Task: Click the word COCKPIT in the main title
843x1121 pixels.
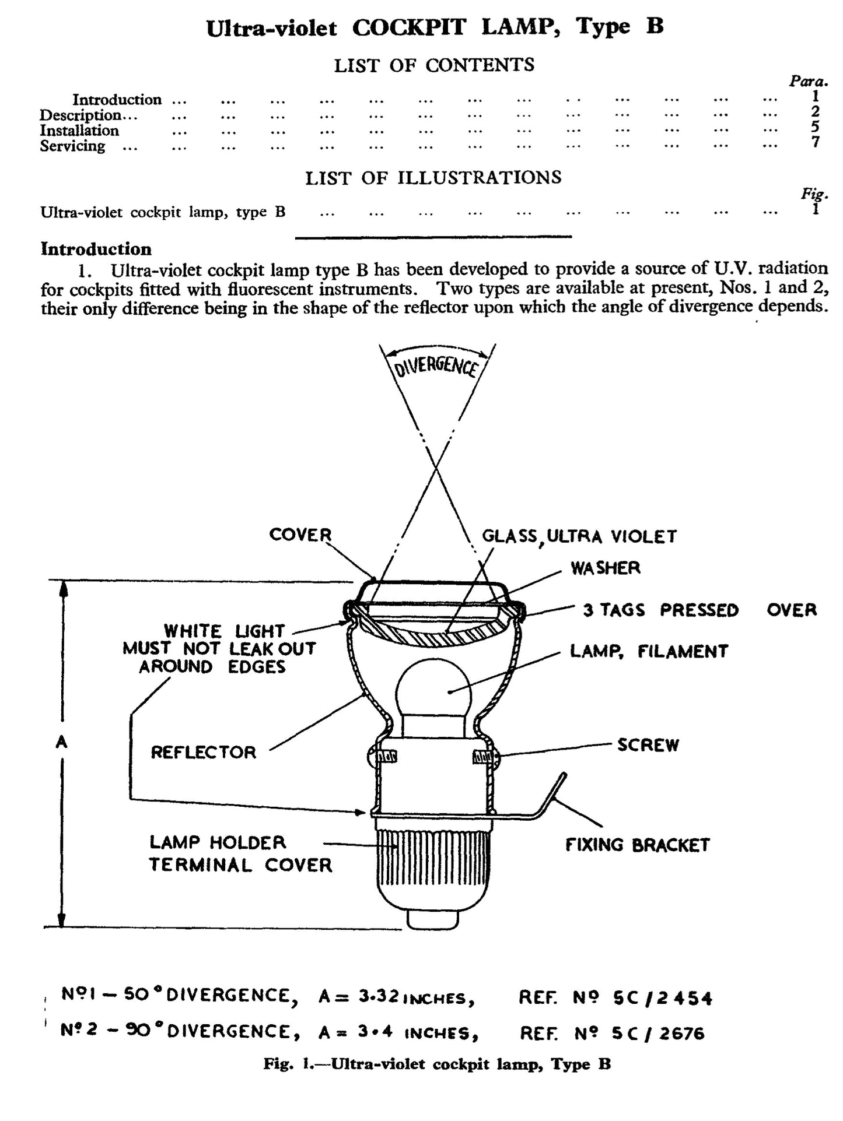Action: click(409, 27)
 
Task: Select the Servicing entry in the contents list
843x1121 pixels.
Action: click(72, 146)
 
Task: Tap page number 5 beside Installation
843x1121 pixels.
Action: click(815, 126)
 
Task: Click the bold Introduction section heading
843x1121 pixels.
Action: click(96, 249)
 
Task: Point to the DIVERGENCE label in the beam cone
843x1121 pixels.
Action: click(436, 367)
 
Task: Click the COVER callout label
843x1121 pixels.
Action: click(300, 535)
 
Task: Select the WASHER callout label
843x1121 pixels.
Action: click(605, 568)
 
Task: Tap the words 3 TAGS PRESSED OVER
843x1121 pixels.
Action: click(699, 610)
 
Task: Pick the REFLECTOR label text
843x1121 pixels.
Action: click(203, 752)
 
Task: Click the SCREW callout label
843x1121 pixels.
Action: click(648, 745)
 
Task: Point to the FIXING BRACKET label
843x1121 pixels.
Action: click(637, 845)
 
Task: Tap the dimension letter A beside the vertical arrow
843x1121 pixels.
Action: click(61, 742)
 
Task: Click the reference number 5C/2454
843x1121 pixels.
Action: click(663, 999)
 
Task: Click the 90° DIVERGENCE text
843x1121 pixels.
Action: click(228, 1032)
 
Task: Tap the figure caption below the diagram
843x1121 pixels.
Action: click(437, 1064)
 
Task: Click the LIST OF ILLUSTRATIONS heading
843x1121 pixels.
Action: click(433, 177)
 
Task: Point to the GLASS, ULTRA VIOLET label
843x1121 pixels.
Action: click(579, 536)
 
